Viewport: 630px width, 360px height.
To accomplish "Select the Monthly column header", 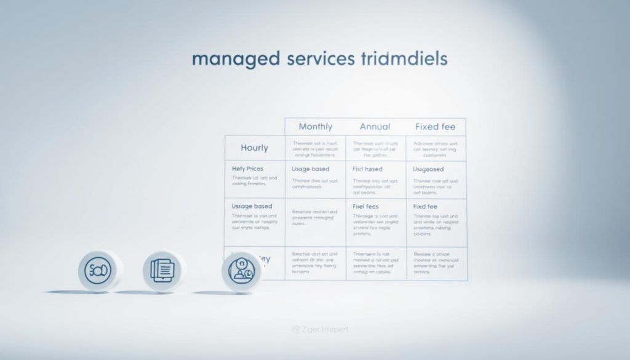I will click(x=315, y=127).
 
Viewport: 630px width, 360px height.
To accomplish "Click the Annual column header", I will click(x=375, y=127).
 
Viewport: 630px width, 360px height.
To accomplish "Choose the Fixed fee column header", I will click(x=435, y=127).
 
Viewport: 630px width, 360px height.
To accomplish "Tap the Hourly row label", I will click(x=254, y=148).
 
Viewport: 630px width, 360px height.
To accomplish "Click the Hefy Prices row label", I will click(x=247, y=168).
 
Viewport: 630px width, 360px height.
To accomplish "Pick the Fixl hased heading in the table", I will click(x=367, y=169).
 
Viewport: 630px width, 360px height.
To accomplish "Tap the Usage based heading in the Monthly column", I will click(x=310, y=169).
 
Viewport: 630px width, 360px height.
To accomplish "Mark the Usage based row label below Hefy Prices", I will click(x=252, y=206).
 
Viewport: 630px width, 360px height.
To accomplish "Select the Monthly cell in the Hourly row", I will click(x=315, y=148).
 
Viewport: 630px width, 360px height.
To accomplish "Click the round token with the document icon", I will click(x=164, y=270).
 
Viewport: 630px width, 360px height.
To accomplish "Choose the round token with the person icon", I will click(x=241, y=271).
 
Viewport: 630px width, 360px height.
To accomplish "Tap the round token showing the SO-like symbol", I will click(x=98, y=270).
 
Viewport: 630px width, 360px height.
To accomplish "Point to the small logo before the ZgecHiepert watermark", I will click(x=295, y=330).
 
